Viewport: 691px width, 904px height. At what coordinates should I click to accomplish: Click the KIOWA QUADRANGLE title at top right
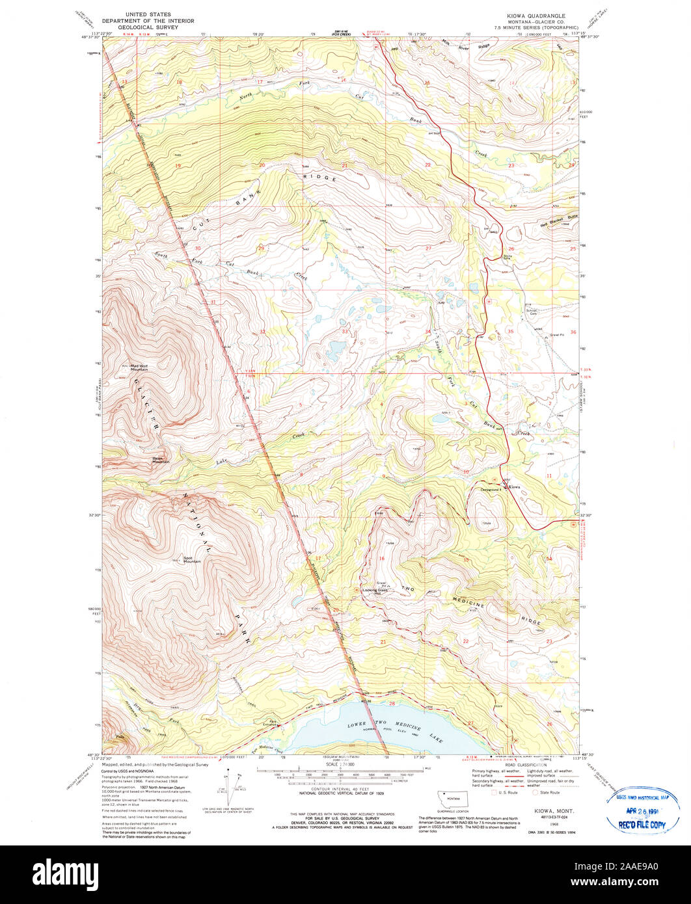(537, 15)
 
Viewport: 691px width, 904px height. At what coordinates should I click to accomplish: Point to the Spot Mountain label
(192, 559)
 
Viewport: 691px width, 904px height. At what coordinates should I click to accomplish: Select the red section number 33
(345, 332)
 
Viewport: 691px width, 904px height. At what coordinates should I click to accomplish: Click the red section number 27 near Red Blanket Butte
(428, 249)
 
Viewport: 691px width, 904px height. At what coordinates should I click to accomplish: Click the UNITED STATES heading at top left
(148, 14)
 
